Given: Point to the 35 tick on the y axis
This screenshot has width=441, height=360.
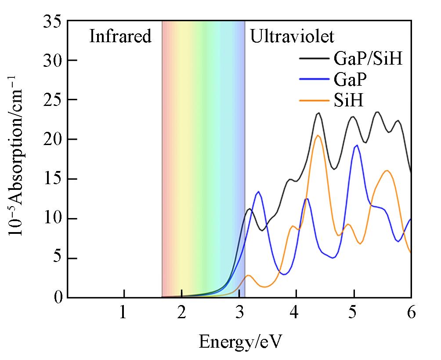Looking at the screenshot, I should pyautogui.click(x=54, y=21).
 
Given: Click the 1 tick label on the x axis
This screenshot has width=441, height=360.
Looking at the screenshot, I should pyautogui.click(x=123, y=314).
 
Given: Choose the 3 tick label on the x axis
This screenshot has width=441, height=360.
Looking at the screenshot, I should pyautogui.click(x=239, y=314).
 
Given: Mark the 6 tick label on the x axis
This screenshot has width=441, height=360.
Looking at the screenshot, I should pyautogui.click(x=411, y=314).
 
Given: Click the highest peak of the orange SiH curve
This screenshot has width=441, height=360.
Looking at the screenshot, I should pyautogui.click(x=318, y=135).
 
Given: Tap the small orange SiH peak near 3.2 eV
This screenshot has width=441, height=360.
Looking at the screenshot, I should pyautogui.click(x=249, y=275).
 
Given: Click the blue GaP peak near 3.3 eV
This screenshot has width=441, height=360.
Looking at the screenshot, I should pyautogui.click(x=258, y=192).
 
